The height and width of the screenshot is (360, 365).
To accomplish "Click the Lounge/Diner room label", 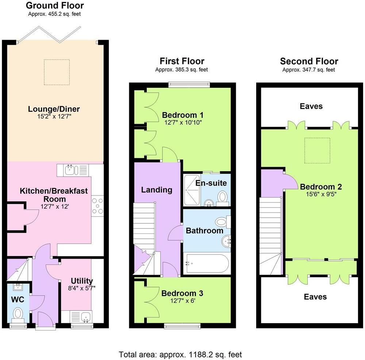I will pos(54,109).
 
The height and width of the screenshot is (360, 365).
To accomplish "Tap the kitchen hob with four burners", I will pos(98,205).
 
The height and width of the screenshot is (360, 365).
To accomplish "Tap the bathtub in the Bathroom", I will pos(207,264).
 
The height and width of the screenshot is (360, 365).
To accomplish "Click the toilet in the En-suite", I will pos(222,197).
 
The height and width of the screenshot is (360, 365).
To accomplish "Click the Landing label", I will pos(157,190).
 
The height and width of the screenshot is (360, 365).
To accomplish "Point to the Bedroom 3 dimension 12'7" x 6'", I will pos(182,302).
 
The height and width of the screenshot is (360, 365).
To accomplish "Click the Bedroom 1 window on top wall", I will pos(189,85).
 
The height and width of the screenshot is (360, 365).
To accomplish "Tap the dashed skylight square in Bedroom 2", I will pos(317,150).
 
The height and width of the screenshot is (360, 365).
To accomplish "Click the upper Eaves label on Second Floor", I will pos(311,106).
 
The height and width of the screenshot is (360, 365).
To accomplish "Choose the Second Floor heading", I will pos(309,61).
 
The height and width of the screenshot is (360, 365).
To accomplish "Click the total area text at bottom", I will pos(180,354).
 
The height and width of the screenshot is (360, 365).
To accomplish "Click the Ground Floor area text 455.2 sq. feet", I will pos(55,14).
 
